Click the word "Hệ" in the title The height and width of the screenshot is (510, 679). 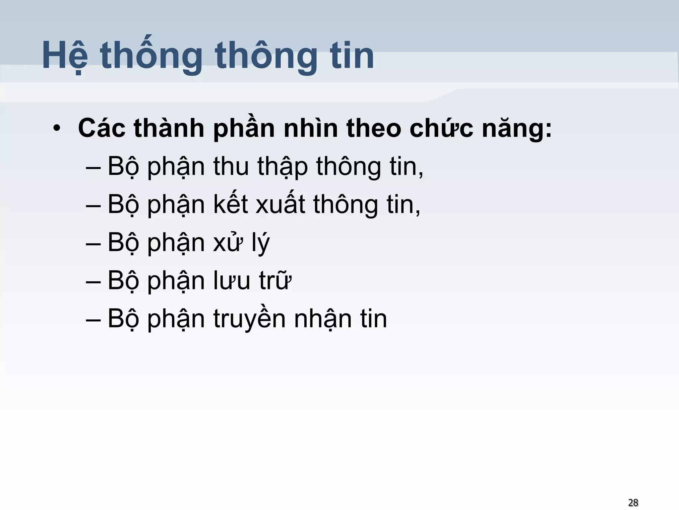click(x=65, y=55)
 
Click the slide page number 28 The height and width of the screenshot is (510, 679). click(x=633, y=502)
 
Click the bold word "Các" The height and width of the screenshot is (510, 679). click(x=101, y=128)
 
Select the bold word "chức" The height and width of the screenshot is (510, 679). click(x=441, y=128)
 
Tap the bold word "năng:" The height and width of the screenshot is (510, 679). click(x=517, y=128)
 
